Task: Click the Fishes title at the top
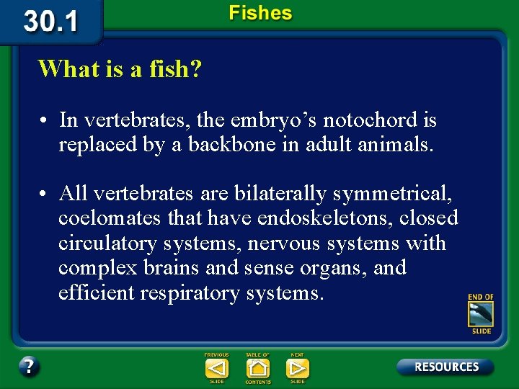260,13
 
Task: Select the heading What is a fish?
120,69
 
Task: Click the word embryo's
273,120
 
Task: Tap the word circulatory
108,243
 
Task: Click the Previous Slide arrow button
216,368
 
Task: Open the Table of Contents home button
257,368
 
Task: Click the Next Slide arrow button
297,368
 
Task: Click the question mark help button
29,367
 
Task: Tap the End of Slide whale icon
481,313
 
